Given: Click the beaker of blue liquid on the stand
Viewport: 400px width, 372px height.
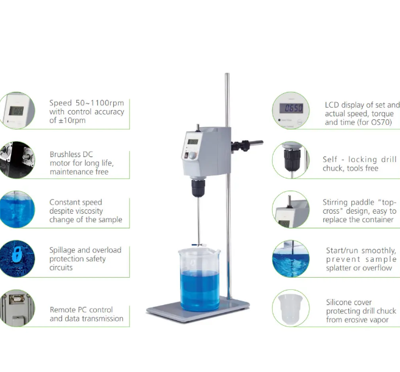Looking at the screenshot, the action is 200,279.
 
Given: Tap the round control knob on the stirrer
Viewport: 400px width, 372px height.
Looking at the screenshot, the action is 192,155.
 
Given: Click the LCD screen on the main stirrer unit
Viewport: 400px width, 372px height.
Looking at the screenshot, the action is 192,142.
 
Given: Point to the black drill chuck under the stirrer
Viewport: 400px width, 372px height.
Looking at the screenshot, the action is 198,188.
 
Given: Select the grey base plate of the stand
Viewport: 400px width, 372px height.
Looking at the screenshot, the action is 198,310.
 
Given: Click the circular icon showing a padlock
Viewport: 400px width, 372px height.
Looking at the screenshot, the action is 16,259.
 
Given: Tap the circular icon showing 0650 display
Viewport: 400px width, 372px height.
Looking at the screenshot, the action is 290,110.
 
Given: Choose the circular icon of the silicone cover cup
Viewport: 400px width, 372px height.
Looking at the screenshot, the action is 290,308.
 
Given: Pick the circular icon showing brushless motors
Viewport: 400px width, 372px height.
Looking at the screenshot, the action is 16,160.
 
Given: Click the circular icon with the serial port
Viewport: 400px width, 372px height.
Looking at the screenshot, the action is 16,308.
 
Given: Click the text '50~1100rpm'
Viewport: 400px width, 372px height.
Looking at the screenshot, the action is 100,103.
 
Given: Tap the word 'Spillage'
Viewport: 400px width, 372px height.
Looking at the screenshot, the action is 62,250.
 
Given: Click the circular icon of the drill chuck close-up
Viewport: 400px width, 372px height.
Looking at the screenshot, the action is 290,160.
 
